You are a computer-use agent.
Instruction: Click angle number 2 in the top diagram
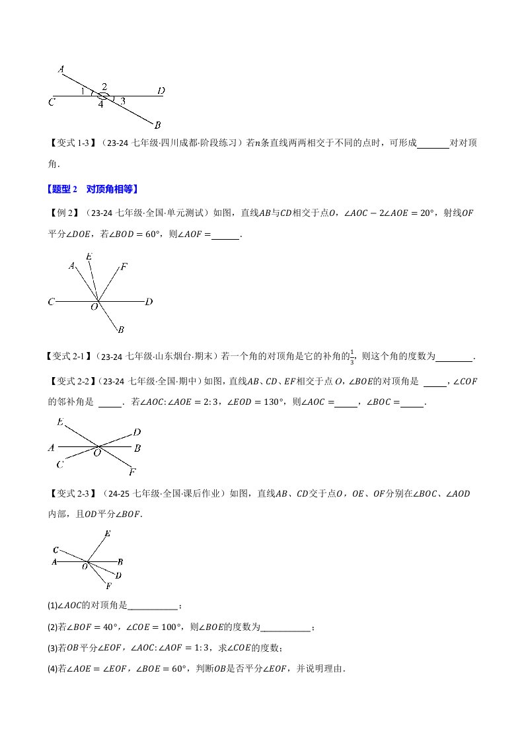pyautogui.click(x=104, y=86)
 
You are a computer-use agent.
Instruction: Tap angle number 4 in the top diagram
pyautogui.click(x=100, y=104)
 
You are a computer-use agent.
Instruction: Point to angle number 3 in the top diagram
pyautogui.click(x=123, y=101)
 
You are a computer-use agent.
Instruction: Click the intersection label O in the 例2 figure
pyautogui.click(x=94, y=307)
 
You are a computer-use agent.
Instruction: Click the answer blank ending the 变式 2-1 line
pyautogui.click(x=455, y=357)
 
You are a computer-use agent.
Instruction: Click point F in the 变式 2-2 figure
pyautogui.click(x=133, y=472)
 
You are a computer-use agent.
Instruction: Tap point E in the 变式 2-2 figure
pyautogui.click(x=60, y=422)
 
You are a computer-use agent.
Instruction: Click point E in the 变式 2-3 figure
pyautogui.click(x=108, y=533)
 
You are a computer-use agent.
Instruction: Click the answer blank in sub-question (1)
pyautogui.click(x=153, y=606)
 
